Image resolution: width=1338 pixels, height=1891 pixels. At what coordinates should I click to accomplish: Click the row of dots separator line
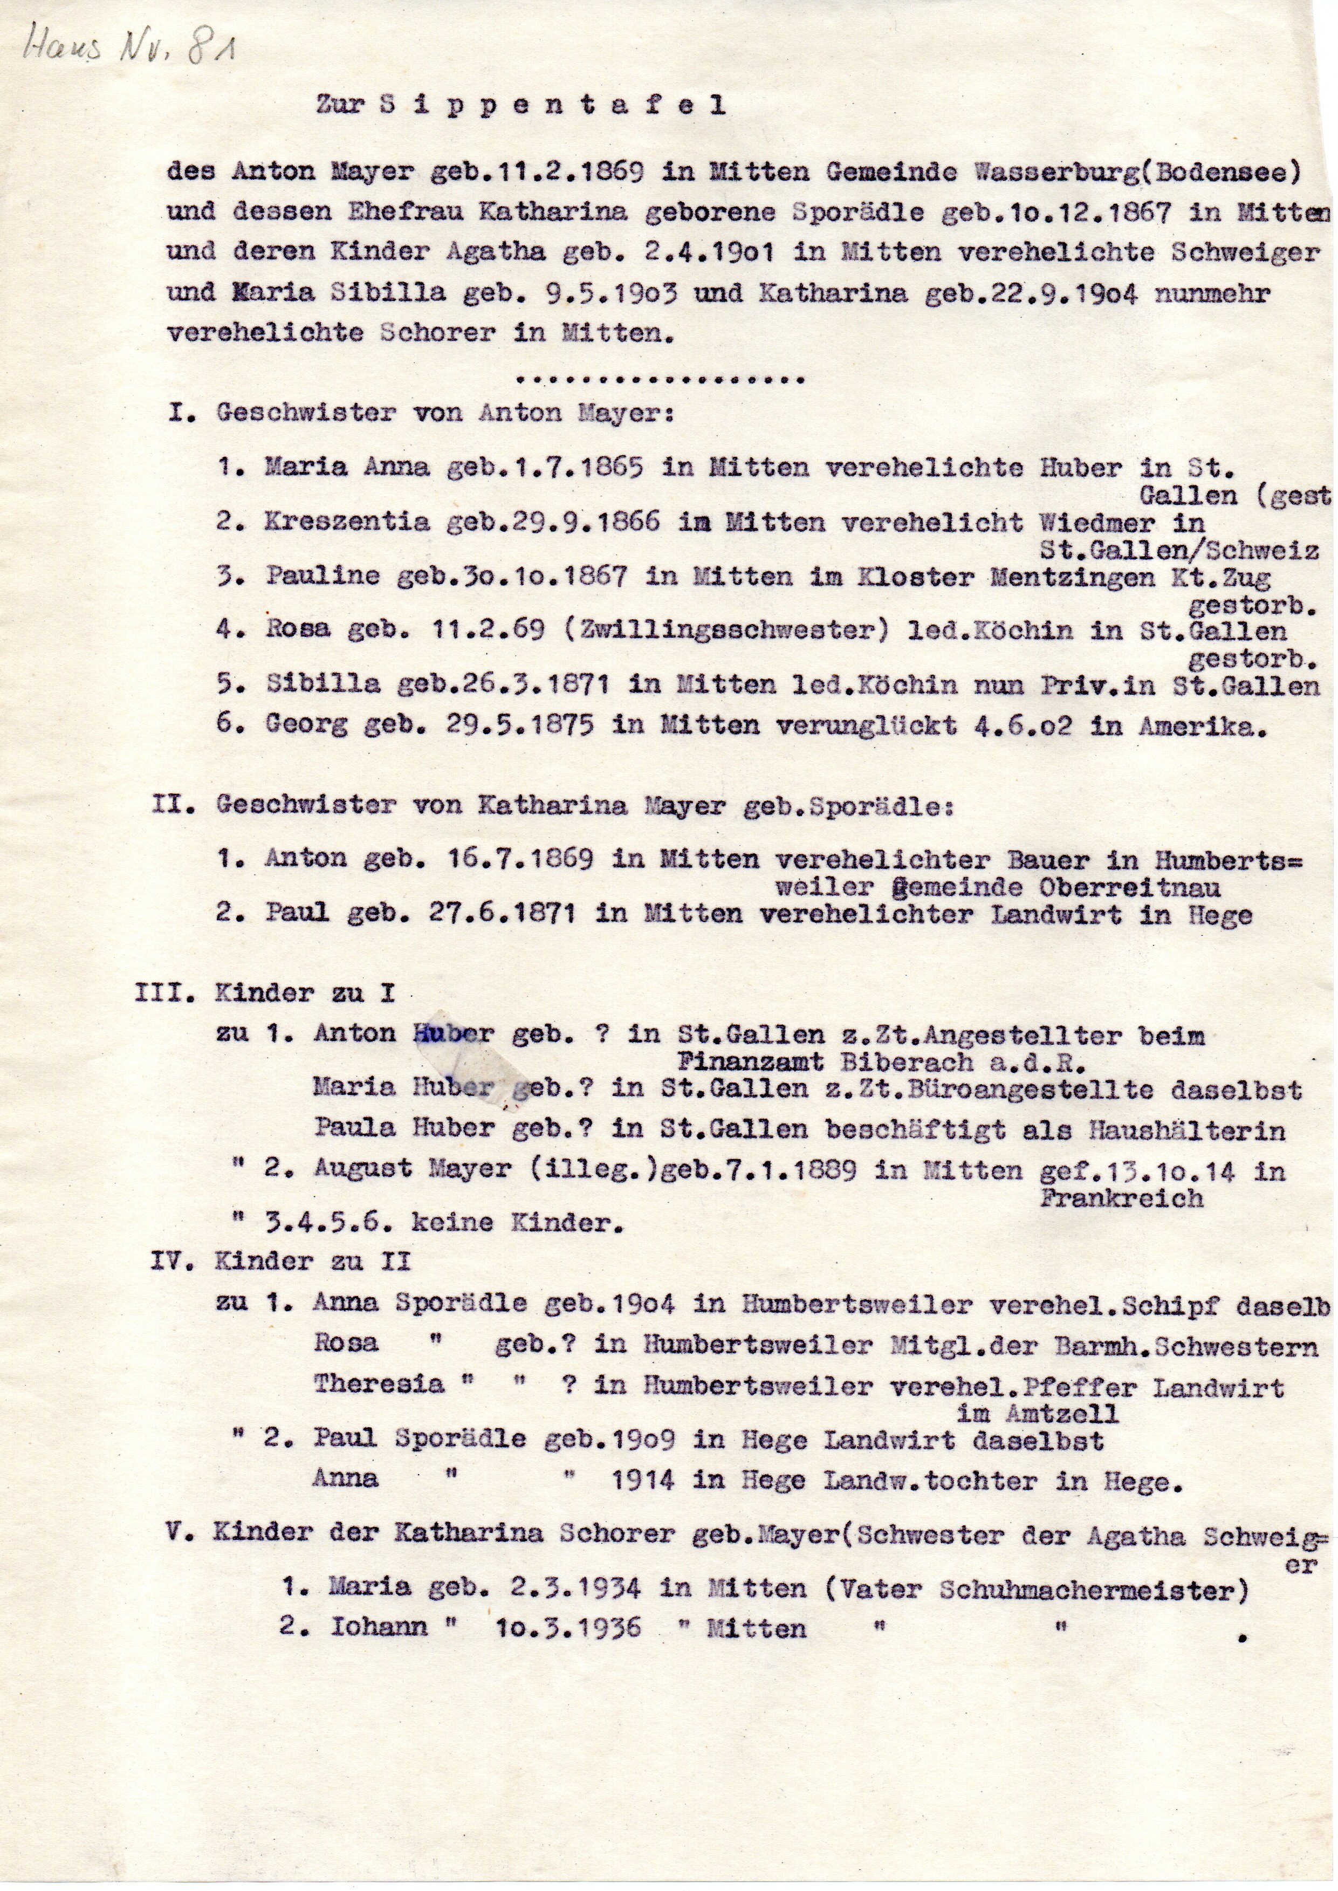658,380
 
